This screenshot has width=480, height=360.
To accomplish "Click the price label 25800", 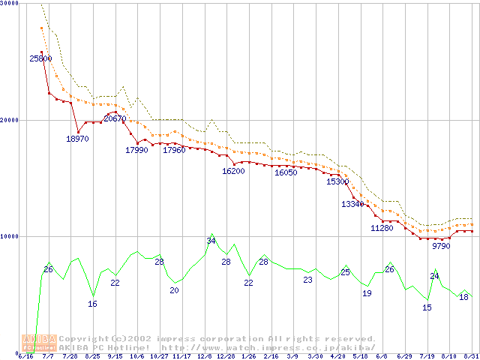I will click(x=41, y=58).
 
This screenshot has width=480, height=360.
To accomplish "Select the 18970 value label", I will click(x=77, y=139).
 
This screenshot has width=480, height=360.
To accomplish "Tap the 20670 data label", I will click(x=115, y=118).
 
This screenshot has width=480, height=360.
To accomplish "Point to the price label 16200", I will click(x=233, y=171).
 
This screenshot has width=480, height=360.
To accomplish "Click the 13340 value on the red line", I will click(x=352, y=204).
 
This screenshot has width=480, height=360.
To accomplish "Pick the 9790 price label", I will click(x=441, y=245).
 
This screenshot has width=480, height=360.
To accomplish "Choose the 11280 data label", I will click(x=382, y=228).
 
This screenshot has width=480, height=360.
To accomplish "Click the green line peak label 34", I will click(x=211, y=241).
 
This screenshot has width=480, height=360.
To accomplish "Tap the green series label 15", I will click(x=427, y=307).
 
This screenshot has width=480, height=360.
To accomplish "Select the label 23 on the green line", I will click(x=307, y=280).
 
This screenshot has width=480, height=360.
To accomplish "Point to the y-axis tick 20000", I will click(x=10, y=120).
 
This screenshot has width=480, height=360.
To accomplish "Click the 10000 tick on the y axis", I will click(x=10, y=236).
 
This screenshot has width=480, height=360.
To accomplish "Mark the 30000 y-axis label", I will click(x=10, y=4).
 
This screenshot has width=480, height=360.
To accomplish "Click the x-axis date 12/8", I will click(x=204, y=356).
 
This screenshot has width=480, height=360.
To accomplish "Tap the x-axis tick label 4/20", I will click(x=337, y=356).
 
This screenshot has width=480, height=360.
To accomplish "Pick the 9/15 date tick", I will click(x=115, y=356).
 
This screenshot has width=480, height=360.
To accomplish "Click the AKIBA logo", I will click(x=40, y=343).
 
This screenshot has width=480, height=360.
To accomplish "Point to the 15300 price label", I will click(x=337, y=181).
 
